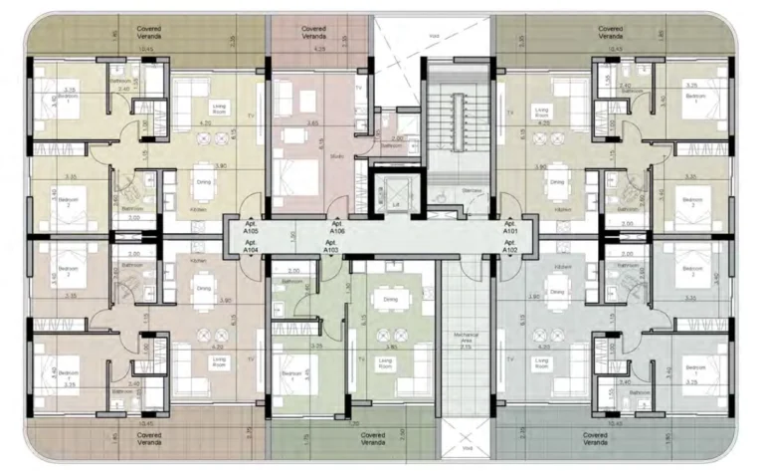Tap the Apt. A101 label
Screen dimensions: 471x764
pyautogui.click(x=510, y=228)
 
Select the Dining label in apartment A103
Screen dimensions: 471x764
pyautogui.click(x=389, y=298)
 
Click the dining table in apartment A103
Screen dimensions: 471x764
pyautogui.click(x=389, y=321)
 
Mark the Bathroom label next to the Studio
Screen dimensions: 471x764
pyautogui.click(x=398, y=145)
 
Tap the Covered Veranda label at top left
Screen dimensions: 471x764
pyautogui.click(x=144, y=33)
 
